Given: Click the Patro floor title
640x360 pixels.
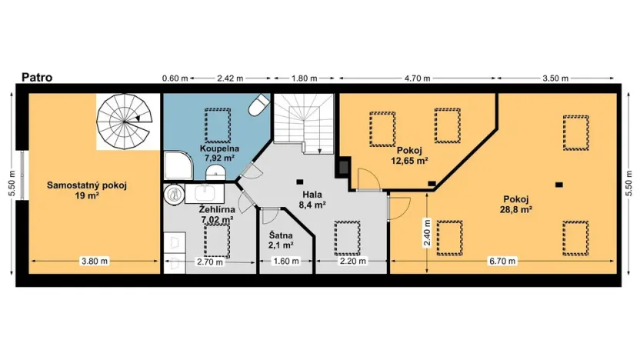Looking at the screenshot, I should point(36,77).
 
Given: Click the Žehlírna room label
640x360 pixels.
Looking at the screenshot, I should point(216,214).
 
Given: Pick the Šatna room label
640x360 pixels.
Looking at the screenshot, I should point(282,240).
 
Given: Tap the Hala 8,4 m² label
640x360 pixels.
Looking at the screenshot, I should point(312,200).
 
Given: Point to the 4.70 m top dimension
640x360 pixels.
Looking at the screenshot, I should point(418,78).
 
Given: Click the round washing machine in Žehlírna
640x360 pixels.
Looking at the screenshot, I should point(170,195).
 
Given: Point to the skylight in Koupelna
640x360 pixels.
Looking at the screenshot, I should point(217,122).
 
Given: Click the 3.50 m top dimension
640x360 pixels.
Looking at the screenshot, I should point(555,78).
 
